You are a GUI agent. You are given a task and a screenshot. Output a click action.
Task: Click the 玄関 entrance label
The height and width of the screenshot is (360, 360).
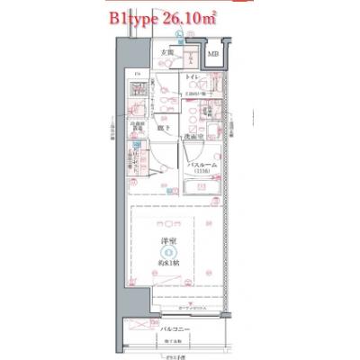(166, 52)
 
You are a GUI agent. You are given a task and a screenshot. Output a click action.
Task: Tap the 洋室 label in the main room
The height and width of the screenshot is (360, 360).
(168, 241)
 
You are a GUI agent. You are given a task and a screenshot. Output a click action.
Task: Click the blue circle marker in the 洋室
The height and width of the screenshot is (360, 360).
(168, 252)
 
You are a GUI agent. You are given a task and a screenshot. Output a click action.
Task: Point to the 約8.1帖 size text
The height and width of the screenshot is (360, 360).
(168, 263)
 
